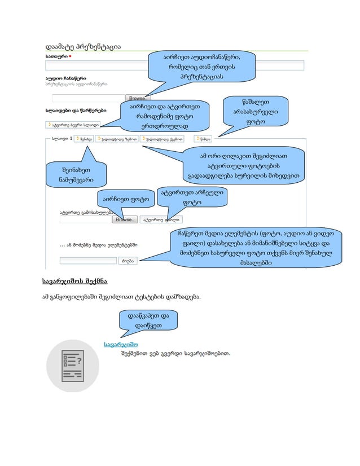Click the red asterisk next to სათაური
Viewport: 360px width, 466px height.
pos(70,56)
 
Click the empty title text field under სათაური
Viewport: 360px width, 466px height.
pos(96,65)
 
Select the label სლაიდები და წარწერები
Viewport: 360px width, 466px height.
pos(76,111)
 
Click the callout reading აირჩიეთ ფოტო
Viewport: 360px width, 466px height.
pos(126,199)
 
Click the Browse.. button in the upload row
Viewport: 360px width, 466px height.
pos(124,219)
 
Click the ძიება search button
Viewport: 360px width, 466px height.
pos(127,261)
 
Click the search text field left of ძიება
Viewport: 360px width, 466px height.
pos(87,261)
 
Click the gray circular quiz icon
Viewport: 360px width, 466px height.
pos(72,366)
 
